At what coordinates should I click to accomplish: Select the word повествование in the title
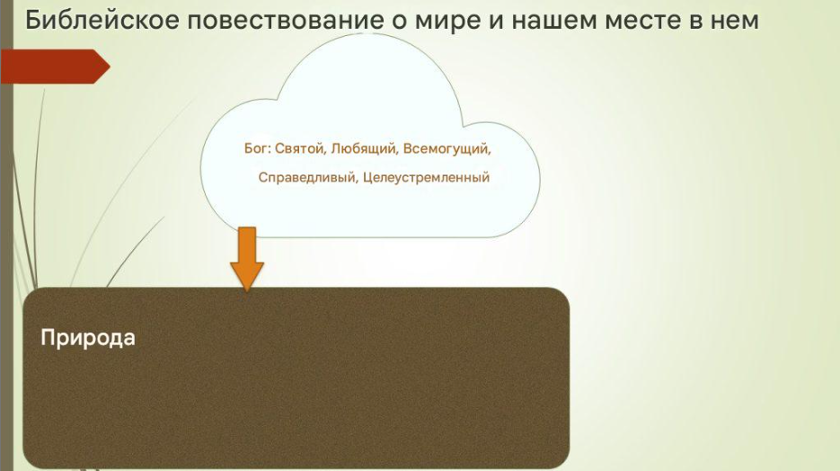point(286,21)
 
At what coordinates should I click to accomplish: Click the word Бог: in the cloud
point(257,148)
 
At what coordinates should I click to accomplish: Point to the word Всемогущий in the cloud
point(447,149)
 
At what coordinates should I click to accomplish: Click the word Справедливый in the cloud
point(307,177)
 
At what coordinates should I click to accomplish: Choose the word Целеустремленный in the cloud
point(427,177)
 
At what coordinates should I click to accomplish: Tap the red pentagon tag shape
point(55,67)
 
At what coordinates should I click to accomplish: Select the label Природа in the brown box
point(88,338)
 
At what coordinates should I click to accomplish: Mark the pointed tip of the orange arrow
point(247,292)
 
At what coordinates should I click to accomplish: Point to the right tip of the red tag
point(110,67)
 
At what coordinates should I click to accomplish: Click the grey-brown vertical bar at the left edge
point(6,235)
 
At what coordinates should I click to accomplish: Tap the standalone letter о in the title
point(400,22)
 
